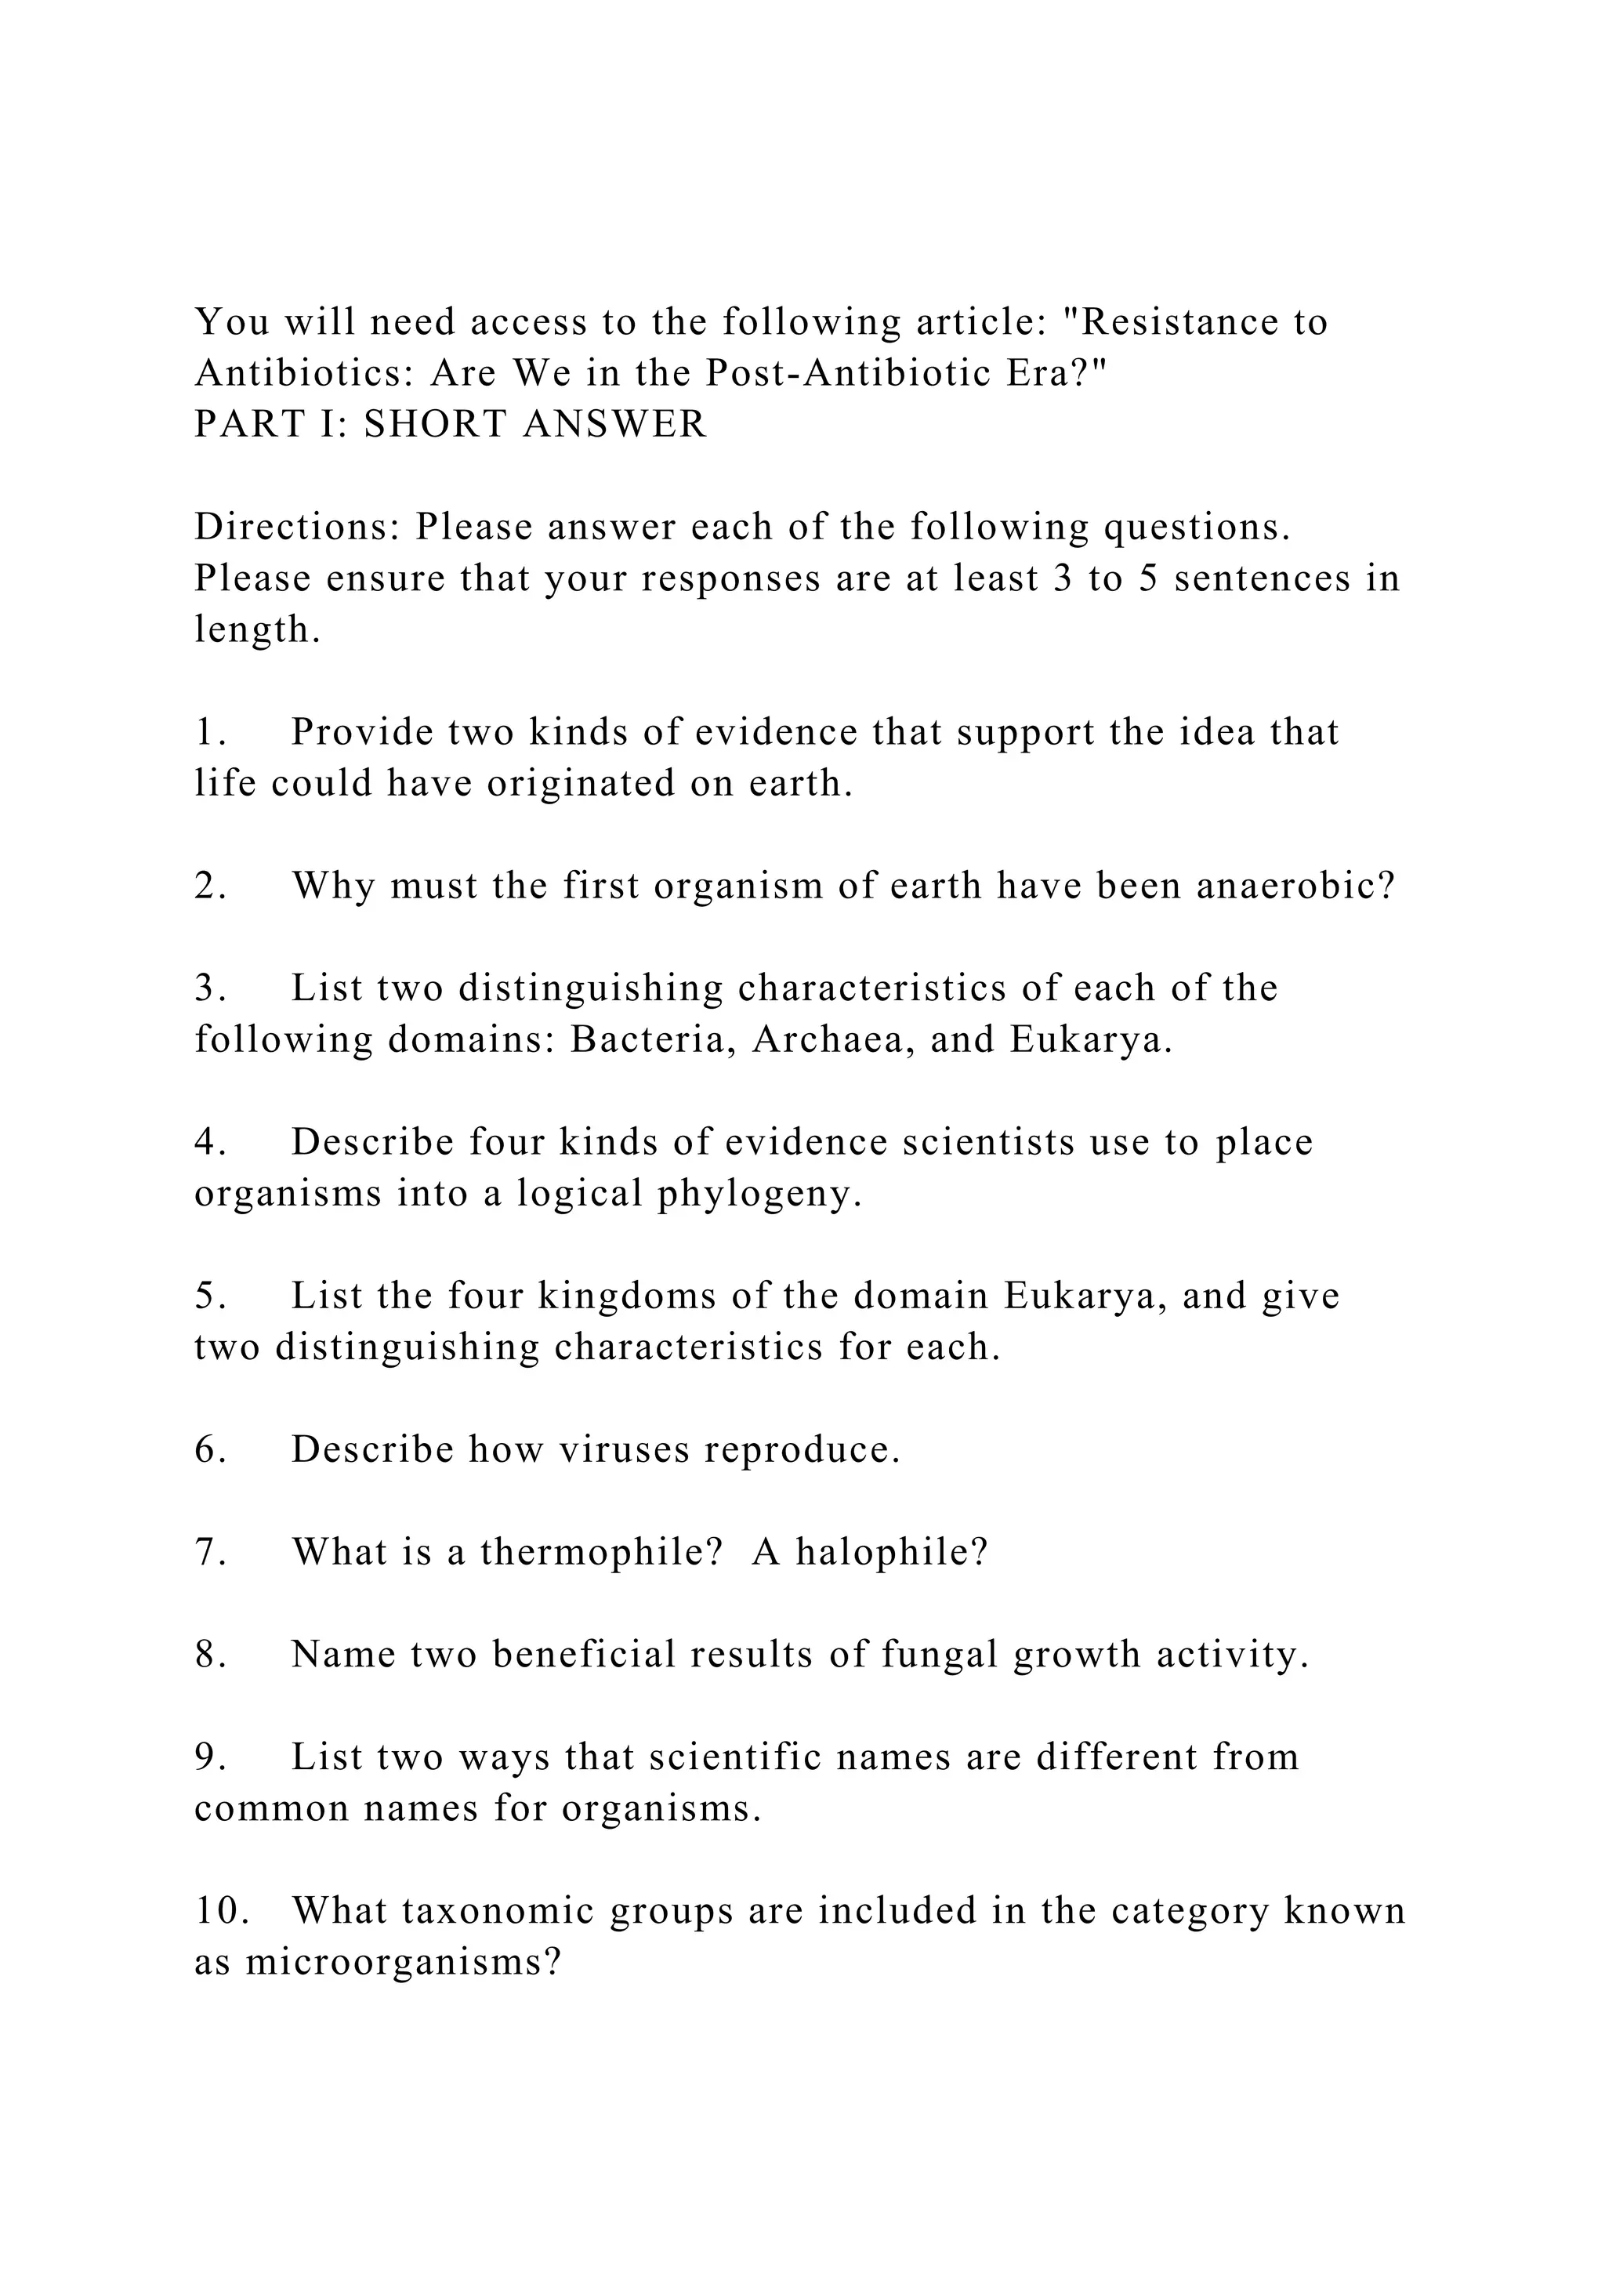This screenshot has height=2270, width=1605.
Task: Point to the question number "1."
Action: [211, 733]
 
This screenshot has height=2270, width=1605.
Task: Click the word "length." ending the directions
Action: [257, 629]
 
